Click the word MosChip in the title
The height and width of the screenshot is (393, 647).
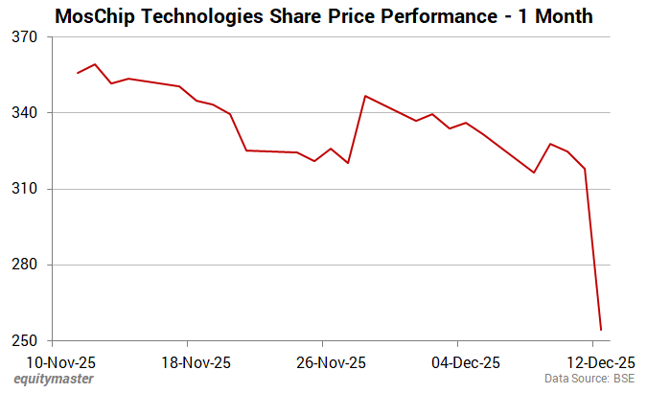click(x=95, y=16)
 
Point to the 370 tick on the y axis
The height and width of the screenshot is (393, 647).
click(x=25, y=37)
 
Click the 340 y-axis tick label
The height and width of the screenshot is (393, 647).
click(x=25, y=113)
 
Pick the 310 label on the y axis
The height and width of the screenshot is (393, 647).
click(x=25, y=189)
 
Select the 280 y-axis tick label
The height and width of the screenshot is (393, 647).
click(x=25, y=266)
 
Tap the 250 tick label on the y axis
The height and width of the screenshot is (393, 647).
click(x=25, y=341)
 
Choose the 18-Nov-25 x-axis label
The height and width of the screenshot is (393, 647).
click(x=187, y=362)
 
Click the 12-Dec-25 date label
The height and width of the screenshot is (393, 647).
click(x=593, y=362)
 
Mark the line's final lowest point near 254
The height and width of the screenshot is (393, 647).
click(x=601, y=330)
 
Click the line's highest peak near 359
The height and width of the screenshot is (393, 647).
click(x=95, y=64)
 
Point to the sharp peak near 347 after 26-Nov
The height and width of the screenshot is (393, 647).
click(x=365, y=96)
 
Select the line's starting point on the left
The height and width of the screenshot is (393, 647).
click(x=78, y=73)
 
